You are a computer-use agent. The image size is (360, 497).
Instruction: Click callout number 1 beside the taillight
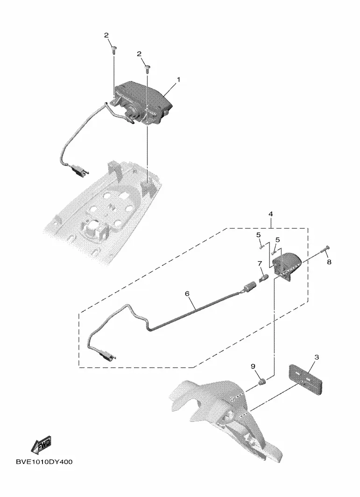(x=178, y=80)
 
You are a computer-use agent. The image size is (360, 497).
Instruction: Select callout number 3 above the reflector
(x=317, y=357)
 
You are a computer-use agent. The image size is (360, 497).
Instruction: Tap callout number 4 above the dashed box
(x=271, y=214)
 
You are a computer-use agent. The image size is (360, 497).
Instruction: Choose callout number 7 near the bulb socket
(x=260, y=264)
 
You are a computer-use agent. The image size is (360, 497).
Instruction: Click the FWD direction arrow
(x=41, y=445)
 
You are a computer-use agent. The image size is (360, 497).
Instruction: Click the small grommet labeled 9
(x=263, y=382)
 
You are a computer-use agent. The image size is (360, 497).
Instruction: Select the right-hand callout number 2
(x=140, y=54)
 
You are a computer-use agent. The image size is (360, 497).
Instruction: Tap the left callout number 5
(x=259, y=234)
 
